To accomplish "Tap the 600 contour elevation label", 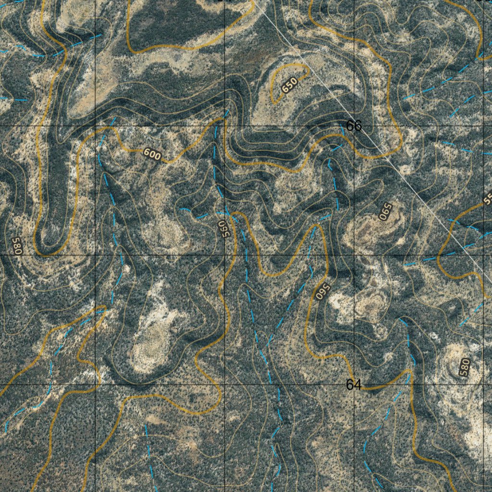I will tap(152, 154).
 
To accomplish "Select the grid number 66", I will tap(354, 126).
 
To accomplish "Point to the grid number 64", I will tap(354, 384).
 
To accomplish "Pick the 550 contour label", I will tap(221, 229).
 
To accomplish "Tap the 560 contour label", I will tap(320, 291).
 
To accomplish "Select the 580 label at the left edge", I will tap(17, 246).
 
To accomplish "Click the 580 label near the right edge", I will tap(464, 367).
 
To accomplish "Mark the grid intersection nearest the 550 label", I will tap(225, 255).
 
